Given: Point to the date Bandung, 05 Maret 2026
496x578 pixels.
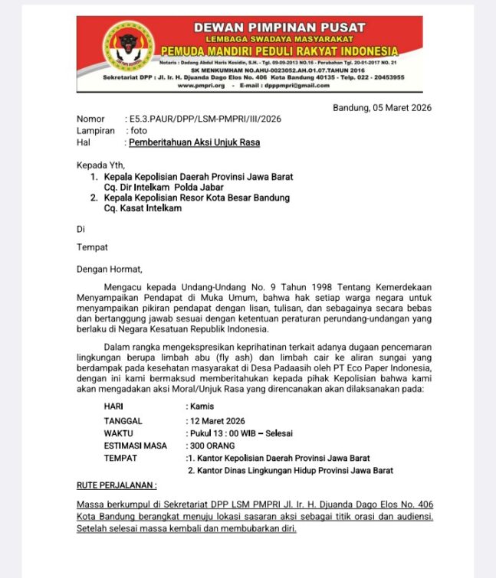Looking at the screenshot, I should [382, 108].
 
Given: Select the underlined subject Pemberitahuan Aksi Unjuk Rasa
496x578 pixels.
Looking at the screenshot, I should [194, 142].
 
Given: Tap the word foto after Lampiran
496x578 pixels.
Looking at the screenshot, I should [138, 131].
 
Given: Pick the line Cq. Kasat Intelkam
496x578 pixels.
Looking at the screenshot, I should [143, 208].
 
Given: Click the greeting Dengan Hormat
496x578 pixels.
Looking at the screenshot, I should [109, 269].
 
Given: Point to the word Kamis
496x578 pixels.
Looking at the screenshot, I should [202, 406].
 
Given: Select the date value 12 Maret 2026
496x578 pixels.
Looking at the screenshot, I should [217, 421].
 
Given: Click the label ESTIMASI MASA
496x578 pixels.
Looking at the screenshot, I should [135, 446].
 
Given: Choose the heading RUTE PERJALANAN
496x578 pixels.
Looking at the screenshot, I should [117, 485].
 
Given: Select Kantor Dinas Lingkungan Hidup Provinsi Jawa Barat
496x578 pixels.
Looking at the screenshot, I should [291, 470].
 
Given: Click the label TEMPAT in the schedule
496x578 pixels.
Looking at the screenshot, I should [120, 458].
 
